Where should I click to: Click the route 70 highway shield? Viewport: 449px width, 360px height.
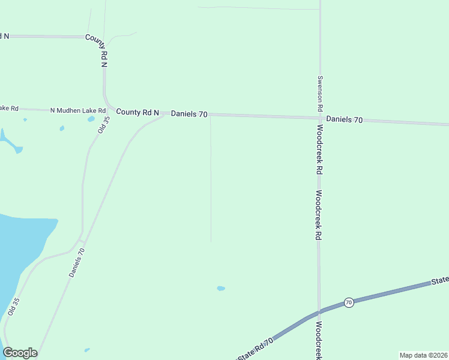(x=349, y=302)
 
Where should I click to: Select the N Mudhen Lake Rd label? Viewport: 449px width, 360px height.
(x=77, y=110)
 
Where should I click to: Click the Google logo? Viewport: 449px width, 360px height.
(x=20, y=353)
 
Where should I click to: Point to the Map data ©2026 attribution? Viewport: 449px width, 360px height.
(x=423, y=355)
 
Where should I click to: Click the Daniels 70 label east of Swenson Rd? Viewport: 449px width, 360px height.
(x=344, y=119)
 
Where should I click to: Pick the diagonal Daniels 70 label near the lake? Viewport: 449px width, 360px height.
(x=77, y=262)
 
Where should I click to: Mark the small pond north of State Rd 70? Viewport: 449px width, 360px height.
(x=221, y=289)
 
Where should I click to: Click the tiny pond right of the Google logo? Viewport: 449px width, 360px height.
(x=87, y=350)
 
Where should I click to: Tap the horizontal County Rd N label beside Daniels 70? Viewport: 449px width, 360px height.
(x=137, y=112)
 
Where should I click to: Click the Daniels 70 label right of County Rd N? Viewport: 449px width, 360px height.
(x=189, y=113)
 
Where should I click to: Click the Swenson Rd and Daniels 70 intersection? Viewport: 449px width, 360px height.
(x=319, y=118)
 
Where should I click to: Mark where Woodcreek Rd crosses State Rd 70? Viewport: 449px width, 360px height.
(x=319, y=311)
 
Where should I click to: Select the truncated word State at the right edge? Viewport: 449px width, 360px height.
(x=440, y=280)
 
